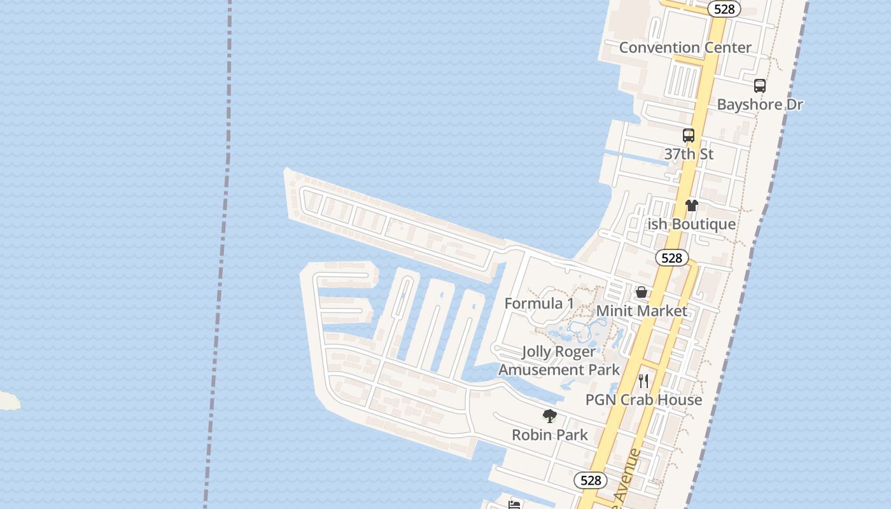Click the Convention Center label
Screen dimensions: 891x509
685,48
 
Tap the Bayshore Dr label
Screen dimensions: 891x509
760,104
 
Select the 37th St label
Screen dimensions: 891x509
689,154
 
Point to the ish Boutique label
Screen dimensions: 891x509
691,224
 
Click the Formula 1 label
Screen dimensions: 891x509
539,303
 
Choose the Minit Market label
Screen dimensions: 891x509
642,311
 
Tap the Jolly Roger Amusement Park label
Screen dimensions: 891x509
559,361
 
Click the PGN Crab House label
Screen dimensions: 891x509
643,400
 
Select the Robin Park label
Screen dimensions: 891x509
550,435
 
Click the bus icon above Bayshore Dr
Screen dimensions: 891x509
759,86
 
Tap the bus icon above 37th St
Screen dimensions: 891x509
689,136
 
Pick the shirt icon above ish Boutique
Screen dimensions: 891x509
692,206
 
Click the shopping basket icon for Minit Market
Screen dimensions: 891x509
642,293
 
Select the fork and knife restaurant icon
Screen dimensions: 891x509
643,381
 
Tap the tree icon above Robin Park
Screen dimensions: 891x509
550,417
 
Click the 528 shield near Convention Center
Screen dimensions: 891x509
724,9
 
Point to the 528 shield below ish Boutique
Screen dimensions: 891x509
671,258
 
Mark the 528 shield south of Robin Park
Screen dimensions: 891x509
591,480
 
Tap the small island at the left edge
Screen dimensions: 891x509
8,400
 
